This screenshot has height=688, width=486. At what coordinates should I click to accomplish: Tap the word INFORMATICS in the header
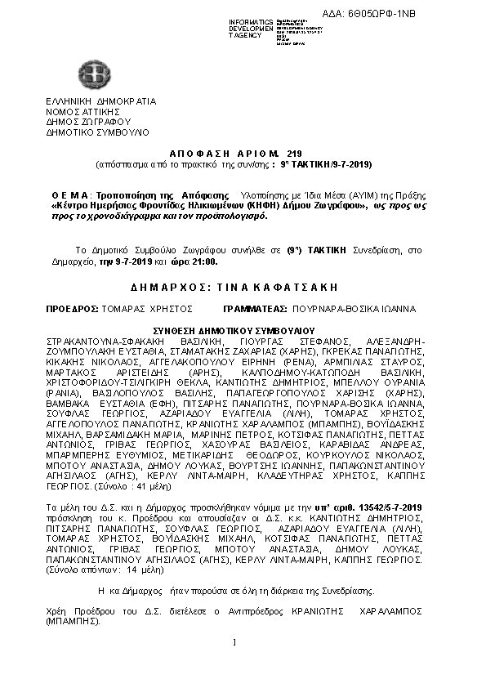tap(251, 21)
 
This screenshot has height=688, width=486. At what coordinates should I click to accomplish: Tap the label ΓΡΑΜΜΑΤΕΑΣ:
tap(255, 310)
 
